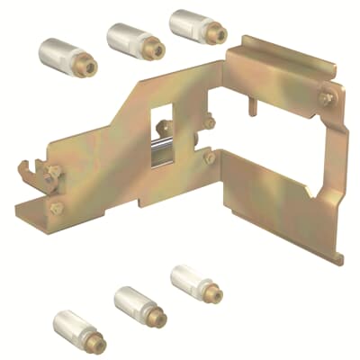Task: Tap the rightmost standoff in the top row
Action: point(197,24)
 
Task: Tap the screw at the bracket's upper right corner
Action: point(327,94)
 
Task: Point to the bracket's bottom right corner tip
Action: point(340,261)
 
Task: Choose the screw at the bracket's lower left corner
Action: point(57,208)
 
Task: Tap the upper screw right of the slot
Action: point(209,121)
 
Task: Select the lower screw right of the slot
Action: point(209,157)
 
